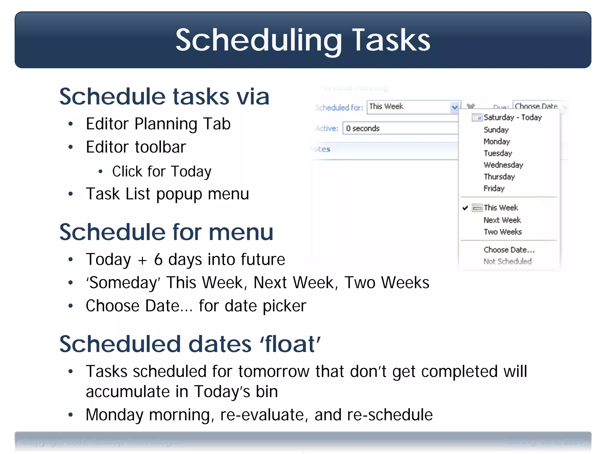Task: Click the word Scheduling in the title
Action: tap(258, 40)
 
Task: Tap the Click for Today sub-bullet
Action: tap(162, 171)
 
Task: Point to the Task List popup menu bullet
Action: tap(167, 194)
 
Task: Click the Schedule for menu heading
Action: tap(166, 232)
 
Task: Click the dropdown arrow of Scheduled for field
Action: tap(454, 107)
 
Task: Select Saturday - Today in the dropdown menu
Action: tap(512, 117)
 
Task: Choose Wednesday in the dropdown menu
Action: tap(503, 165)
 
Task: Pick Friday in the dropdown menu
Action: tap(494, 188)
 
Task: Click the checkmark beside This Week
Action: tap(465, 208)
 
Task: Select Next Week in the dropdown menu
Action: tap(502, 220)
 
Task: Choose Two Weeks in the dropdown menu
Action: tap(502, 232)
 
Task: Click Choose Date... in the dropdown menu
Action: tap(509, 250)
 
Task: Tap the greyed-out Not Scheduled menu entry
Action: tap(507, 261)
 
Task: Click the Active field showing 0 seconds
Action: tap(399, 128)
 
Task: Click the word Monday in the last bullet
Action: tap(114, 415)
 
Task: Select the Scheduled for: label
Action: tap(339, 108)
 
